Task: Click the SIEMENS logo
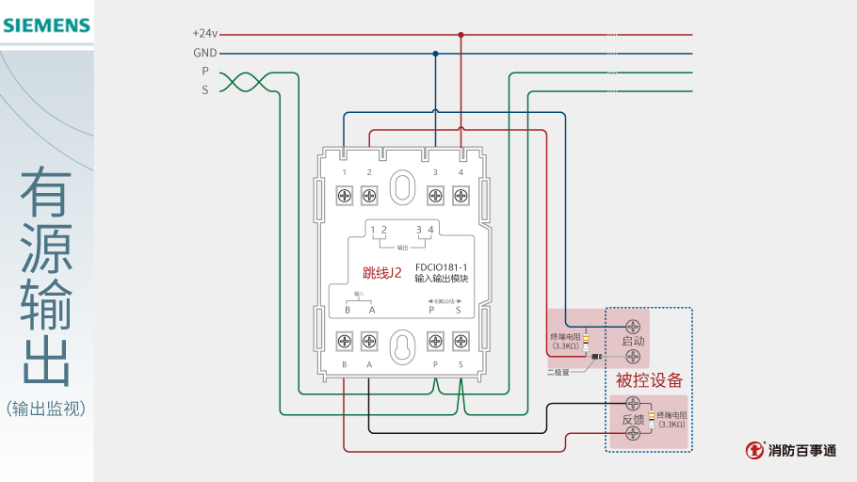46,25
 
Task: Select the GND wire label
205,53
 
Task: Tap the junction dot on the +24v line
461,35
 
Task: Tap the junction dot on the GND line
435,54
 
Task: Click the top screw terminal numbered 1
345,196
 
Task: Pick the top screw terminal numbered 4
461,196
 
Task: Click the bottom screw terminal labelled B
345,339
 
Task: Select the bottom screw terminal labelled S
461,339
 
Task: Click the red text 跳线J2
382,273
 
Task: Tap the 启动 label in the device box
633,341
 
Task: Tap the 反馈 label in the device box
633,420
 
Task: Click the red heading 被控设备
649,380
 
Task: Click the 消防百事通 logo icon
755,450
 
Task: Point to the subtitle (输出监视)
46,409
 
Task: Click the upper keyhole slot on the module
403,185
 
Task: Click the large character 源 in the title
47,247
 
